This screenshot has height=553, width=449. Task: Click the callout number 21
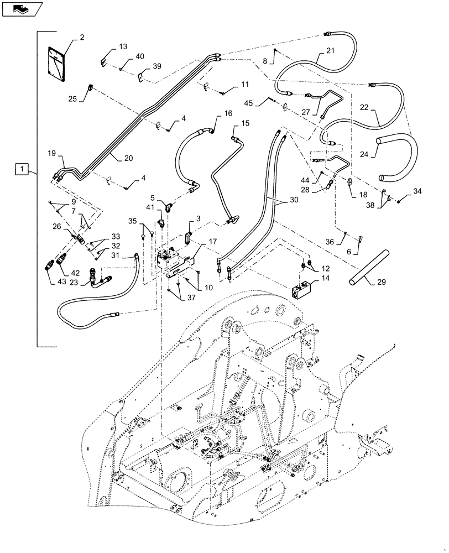pyautogui.click(x=330, y=51)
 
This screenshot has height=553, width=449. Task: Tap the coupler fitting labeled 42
pyautogui.click(x=59, y=258)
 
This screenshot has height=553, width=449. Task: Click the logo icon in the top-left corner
pyautogui.click(x=21, y=8)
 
